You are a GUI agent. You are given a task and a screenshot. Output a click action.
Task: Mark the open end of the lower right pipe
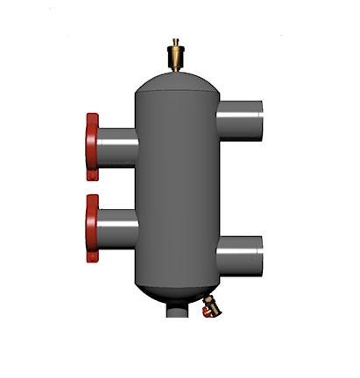[x=260, y=255]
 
